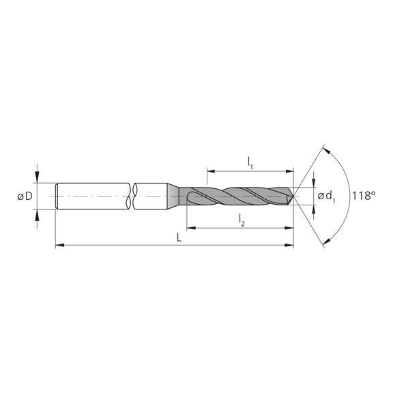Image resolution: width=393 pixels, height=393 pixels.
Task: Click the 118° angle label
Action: click(x=365, y=196)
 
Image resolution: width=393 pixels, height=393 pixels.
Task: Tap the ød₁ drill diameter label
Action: click(x=327, y=197)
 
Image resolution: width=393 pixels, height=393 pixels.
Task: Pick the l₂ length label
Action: click(x=242, y=218)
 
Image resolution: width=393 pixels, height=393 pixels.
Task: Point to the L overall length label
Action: click(x=177, y=237)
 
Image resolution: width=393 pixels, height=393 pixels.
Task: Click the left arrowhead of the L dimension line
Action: click(x=59, y=245)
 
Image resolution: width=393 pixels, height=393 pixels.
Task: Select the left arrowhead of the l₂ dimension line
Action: click(x=188, y=227)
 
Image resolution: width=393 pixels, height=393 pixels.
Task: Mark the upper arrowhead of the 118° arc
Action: click(x=325, y=150)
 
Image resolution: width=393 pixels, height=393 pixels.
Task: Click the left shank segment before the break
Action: click(x=92, y=196)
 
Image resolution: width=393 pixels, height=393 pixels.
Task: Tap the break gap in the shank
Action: click(x=132, y=196)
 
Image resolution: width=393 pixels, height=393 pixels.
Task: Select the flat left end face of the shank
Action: click(x=56, y=196)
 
